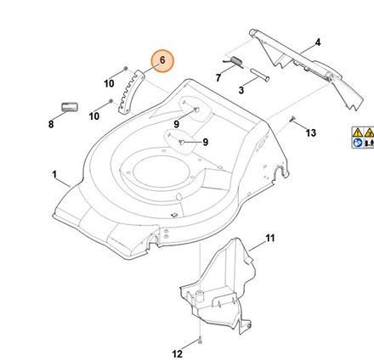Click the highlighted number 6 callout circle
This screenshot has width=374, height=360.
click(x=162, y=61)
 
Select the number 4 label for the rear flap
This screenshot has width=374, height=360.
click(x=318, y=42)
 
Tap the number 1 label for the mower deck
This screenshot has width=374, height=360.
click(x=54, y=174)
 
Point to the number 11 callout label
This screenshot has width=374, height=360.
click(x=270, y=239)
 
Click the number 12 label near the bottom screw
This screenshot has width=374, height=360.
click(x=178, y=354)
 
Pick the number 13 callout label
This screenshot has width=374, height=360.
click(x=310, y=132)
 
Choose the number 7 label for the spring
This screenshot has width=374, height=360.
click(x=218, y=77)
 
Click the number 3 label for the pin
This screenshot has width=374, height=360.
click(x=241, y=90)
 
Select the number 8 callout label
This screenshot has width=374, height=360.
click(x=51, y=124)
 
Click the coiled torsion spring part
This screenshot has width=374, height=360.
click(x=235, y=62)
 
